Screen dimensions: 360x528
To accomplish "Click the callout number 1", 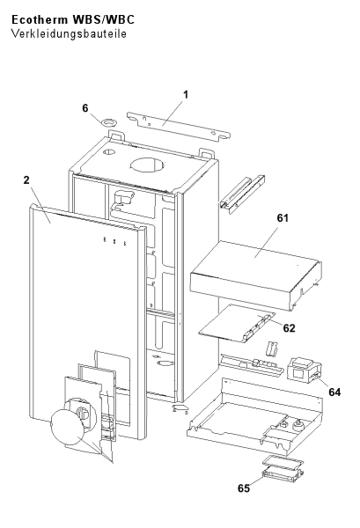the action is [185, 95].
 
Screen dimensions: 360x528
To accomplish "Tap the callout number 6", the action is [85, 108].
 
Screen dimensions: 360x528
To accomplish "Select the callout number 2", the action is [26, 180].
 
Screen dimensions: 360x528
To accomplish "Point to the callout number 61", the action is [283, 218].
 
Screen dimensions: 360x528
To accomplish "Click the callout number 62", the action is [289, 328].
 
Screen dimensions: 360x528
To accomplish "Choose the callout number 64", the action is [334, 392].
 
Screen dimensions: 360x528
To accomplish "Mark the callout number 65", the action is [244, 488].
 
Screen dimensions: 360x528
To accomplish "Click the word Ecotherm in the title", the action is [40, 20].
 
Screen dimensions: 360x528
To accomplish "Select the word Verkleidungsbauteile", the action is [69, 33].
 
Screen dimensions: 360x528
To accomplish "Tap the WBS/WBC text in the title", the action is [103, 20].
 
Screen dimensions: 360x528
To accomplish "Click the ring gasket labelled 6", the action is [109, 121].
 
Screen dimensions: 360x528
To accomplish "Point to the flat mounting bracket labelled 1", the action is [179, 127].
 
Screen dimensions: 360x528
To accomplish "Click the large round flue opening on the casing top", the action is [148, 165].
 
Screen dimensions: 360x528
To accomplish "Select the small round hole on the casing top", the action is [109, 152].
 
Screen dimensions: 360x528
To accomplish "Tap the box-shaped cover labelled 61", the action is [255, 274].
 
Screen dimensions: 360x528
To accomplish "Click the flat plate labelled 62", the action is [237, 324].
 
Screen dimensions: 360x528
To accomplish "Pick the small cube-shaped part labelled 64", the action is [304, 370].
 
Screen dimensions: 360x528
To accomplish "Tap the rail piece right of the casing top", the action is [242, 194].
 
